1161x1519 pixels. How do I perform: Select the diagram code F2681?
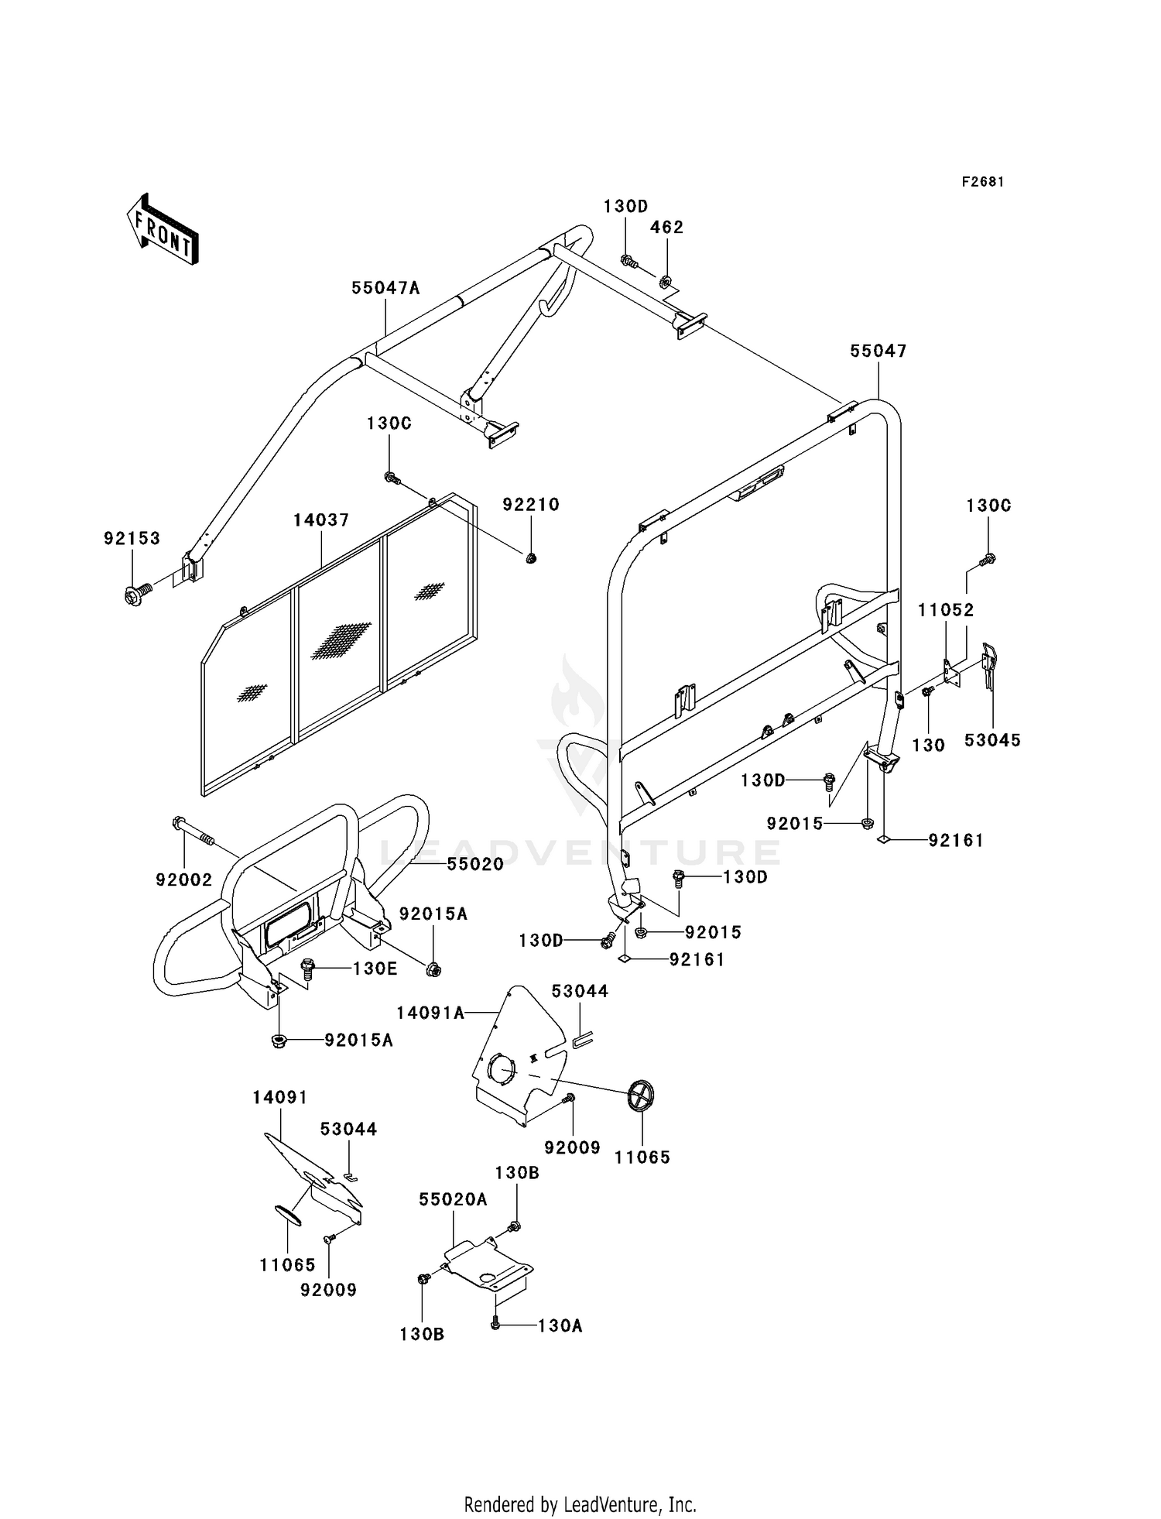(983, 182)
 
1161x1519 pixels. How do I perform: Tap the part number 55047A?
(385, 288)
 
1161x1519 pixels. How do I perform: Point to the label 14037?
(321, 521)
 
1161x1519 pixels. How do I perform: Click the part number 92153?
(132, 538)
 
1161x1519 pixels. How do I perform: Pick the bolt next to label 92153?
(135, 595)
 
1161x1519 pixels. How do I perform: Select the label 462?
(666, 228)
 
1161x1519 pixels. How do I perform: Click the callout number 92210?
(531, 505)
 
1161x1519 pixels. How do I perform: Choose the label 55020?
(475, 864)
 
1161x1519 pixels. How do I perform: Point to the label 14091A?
(430, 1013)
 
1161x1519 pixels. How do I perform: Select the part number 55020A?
(454, 1199)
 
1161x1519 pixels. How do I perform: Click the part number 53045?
(992, 740)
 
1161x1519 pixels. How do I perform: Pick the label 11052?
(946, 610)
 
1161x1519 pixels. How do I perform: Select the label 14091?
(280, 1098)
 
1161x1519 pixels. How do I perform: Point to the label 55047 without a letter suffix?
(878, 351)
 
